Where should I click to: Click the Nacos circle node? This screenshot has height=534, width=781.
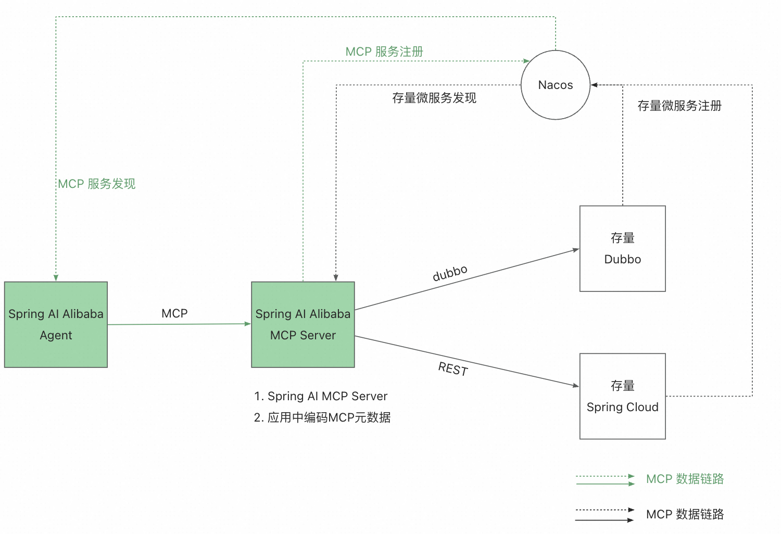pyautogui.click(x=556, y=85)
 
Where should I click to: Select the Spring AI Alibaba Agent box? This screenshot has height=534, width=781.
pyautogui.click(x=56, y=325)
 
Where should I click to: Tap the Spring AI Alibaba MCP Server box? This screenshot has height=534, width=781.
pyautogui.click(x=303, y=325)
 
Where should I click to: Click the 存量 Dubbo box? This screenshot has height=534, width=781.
pyautogui.click(x=623, y=249)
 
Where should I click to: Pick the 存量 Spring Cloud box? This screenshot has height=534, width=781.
pyautogui.click(x=623, y=397)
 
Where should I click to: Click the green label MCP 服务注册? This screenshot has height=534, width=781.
pyautogui.click(x=384, y=52)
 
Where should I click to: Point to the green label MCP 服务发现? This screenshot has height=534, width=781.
pyautogui.click(x=97, y=184)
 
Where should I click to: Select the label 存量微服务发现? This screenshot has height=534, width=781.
pyautogui.click(x=434, y=98)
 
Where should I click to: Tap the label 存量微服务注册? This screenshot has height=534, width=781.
pyautogui.click(x=679, y=106)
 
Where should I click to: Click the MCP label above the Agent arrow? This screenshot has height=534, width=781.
pyautogui.click(x=174, y=313)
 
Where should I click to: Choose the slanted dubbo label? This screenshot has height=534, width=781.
pyautogui.click(x=450, y=273)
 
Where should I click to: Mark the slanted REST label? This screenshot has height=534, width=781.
pyautogui.click(x=453, y=369)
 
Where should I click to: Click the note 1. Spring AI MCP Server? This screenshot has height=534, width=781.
pyautogui.click(x=321, y=396)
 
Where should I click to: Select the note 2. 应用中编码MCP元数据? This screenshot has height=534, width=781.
pyautogui.click(x=322, y=417)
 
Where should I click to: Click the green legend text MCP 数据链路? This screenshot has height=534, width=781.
pyautogui.click(x=685, y=479)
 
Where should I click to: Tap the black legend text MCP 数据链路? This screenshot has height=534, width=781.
pyautogui.click(x=685, y=514)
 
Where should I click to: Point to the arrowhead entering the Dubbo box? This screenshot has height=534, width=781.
pyautogui.click(x=576, y=250)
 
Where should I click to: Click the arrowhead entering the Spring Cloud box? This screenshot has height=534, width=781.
pyautogui.click(x=576, y=386)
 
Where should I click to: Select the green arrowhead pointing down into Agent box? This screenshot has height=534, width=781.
pyautogui.click(x=56, y=278)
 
